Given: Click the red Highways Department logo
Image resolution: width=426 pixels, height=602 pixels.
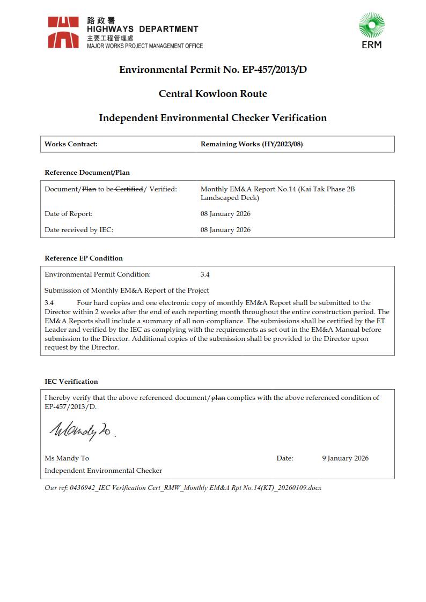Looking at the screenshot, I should (x=63, y=32).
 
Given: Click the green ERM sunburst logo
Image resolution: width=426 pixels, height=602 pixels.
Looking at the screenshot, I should (x=371, y=26).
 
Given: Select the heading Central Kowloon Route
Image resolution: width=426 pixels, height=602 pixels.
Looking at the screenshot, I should (x=212, y=94).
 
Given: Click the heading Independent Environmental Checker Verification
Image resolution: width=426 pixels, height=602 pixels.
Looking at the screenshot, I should (x=212, y=118).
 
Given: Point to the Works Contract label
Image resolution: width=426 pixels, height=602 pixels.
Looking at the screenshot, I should (x=71, y=144).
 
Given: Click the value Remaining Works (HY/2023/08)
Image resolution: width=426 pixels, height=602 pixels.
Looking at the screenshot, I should (x=252, y=144).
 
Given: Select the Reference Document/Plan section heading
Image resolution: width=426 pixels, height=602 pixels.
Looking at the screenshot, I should (x=87, y=173).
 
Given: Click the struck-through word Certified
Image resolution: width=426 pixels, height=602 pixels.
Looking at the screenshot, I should (x=129, y=189).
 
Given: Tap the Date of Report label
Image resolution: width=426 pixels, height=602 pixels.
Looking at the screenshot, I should (x=69, y=214).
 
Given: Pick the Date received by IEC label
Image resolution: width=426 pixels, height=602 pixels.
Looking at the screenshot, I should (x=79, y=230).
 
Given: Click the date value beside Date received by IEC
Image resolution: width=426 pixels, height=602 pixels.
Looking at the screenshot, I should (x=225, y=230).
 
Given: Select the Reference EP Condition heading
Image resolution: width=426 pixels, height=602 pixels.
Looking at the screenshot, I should (x=84, y=258).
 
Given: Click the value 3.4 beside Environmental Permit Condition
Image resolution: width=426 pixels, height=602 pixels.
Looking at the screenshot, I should (x=205, y=274).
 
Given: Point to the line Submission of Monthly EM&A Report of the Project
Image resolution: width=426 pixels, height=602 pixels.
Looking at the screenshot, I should (x=127, y=291).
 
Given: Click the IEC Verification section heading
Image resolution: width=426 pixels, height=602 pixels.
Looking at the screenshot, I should (x=71, y=382).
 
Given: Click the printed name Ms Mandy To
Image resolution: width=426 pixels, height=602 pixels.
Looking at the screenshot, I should (x=67, y=458).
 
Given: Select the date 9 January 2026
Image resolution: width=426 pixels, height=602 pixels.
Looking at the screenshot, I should (x=345, y=458).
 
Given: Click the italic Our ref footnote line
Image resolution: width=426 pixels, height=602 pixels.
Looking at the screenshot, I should (x=183, y=488).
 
